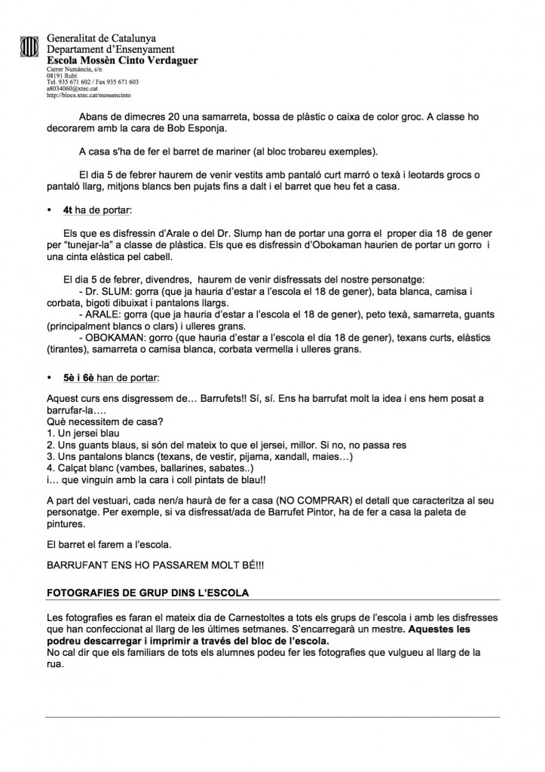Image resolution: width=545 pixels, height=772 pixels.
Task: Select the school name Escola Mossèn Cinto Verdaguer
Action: coord(122,60)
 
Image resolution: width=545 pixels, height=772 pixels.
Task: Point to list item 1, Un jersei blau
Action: coord(83,434)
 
